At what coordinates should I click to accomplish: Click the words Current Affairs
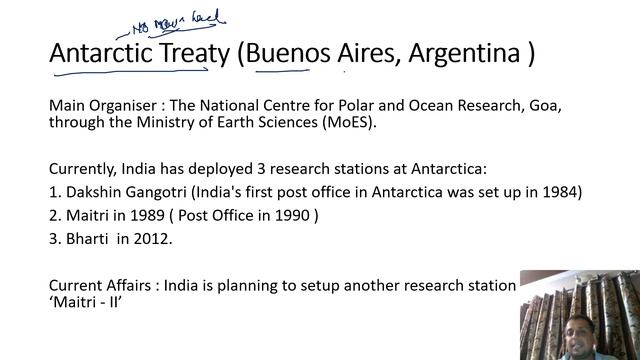(99, 284)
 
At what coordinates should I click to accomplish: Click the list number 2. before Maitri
(55, 213)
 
